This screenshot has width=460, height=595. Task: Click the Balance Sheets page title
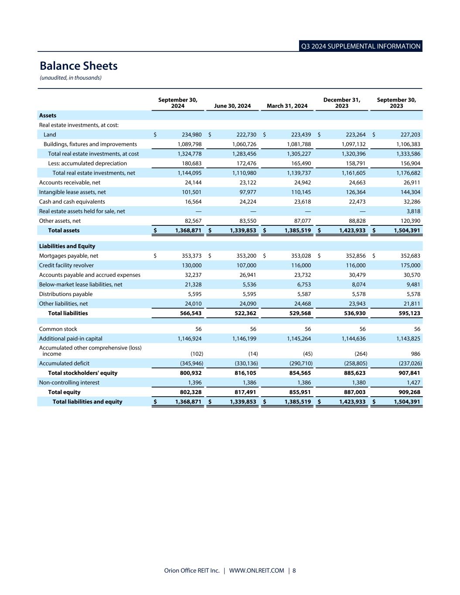[x=78, y=66]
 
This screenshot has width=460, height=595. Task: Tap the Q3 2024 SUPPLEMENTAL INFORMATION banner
[x=361, y=46]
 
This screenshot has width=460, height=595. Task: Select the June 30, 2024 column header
[x=232, y=106]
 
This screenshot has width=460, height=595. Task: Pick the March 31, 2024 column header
[x=287, y=106]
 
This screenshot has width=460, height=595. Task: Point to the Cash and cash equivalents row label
[x=72, y=202]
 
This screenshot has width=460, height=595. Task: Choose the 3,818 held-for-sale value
[x=412, y=211]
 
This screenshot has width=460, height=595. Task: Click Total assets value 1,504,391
[x=407, y=231]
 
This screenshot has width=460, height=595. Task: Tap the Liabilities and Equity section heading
[x=67, y=246]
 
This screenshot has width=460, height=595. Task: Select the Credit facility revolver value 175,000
[x=410, y=265]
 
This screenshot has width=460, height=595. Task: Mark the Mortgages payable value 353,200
[x=246, y=256]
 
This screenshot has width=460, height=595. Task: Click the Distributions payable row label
[x=66, y=294]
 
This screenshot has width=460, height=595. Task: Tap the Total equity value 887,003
[x=352, y=392]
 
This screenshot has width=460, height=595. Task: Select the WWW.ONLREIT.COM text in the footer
[x=256, y=571]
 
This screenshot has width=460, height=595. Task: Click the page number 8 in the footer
[x=294, y=571]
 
